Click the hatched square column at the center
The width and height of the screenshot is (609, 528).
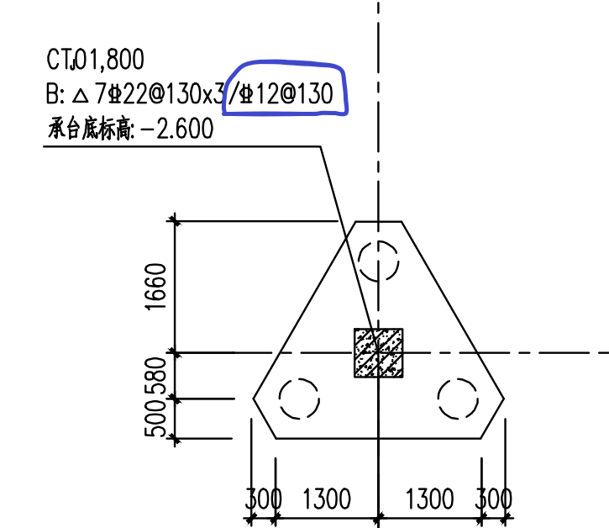coord(378,352)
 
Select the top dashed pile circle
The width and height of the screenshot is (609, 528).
coord(378,240)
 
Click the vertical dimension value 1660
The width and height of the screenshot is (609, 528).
coord(155,287)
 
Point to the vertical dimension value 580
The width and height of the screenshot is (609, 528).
coord(155,375)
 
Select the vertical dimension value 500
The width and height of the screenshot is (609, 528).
coord(155,419)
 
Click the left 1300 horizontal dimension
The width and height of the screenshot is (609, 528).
coord(327,499)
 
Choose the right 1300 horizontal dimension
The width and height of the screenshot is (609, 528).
coord(429,499)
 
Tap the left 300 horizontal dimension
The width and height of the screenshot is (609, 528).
coord(263,499)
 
